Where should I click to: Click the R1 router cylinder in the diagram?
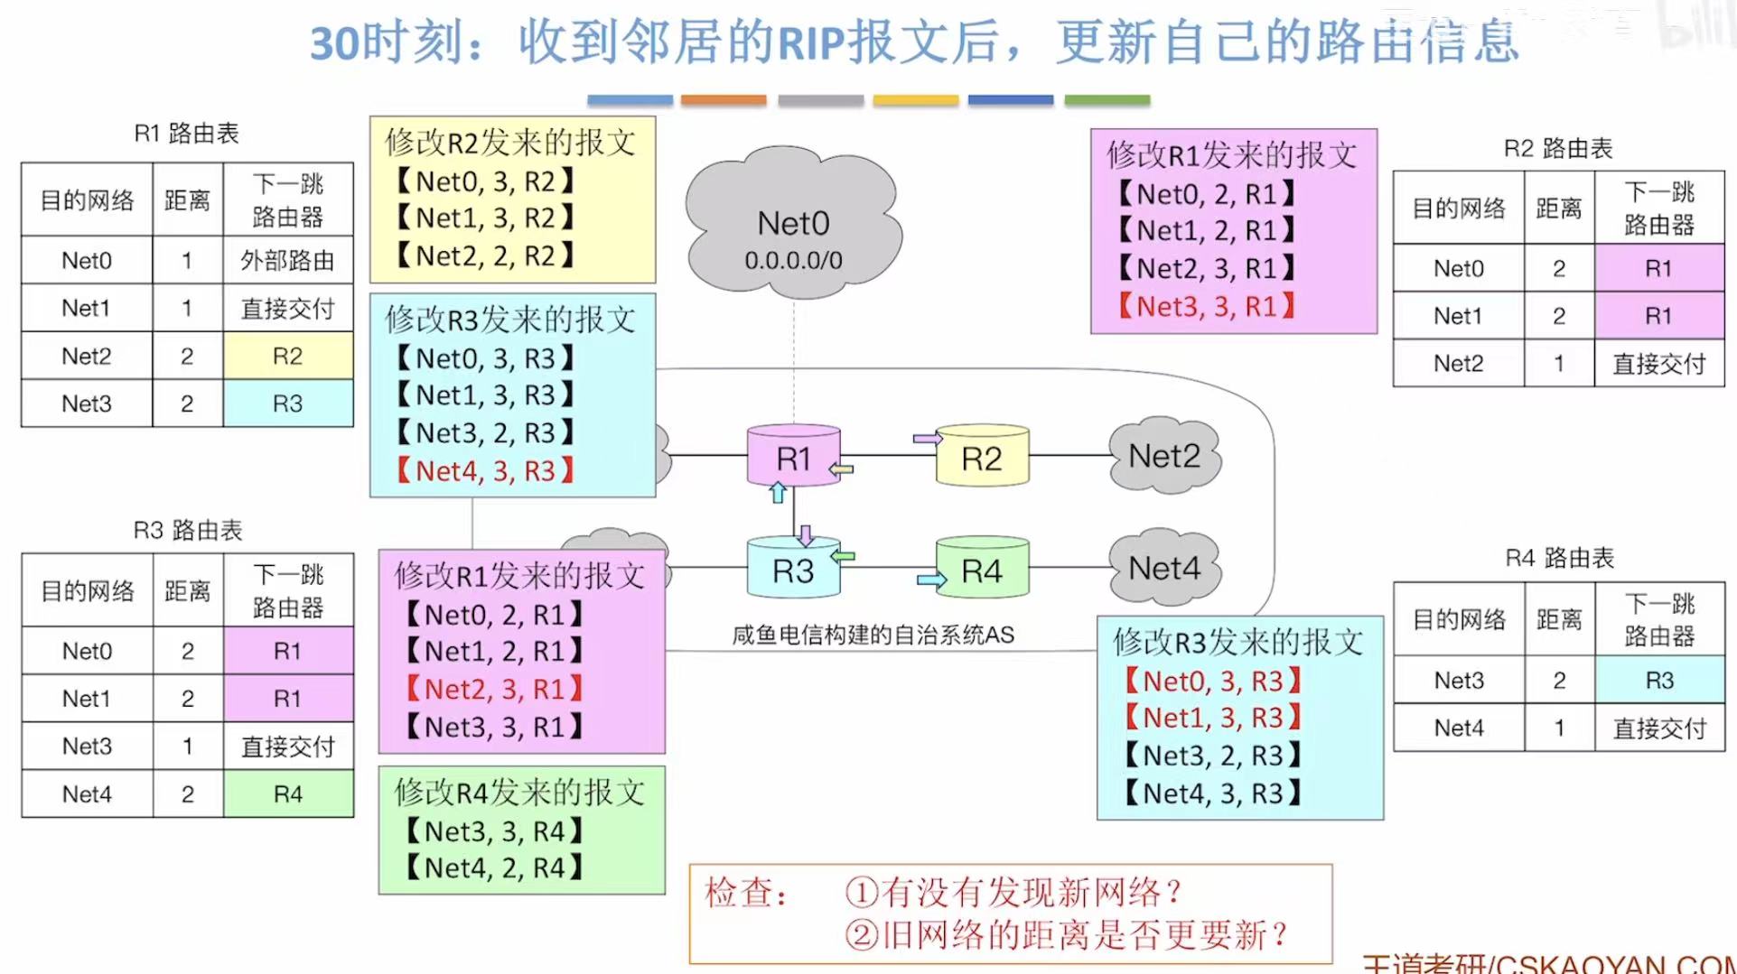click(x=793, y=457)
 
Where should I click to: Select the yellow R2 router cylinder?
click(x=982, y=458)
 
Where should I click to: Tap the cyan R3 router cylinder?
click(x=793, y=570)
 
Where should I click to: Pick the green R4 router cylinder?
click(x=982, y=570)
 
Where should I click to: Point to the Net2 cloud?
click(x=1164, y=456)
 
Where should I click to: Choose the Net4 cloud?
click(x=1164, y=568)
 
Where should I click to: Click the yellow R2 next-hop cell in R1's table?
click(x=287, y=356)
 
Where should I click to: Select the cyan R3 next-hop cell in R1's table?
click(x=287, y=404)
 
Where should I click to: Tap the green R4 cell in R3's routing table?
click(x=287, y=794)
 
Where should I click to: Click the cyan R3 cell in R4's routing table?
click(x=1659, y=680)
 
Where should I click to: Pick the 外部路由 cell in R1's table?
click(x=287, y=261)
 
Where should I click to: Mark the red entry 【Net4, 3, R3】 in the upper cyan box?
click(x=486, y=470)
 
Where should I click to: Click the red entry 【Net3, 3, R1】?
click(x=1207, y=307)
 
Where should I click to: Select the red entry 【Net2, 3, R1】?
click(x=494, y=689)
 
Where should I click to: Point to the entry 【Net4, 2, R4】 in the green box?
click(x=494, y=867)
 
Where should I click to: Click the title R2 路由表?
click(x=1558, y=148)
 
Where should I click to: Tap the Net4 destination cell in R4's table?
click(x=1459, y=728)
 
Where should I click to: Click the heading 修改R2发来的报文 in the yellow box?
click(x=510, y=143)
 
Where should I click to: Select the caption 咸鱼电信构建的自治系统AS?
click(x=873, y=635)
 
